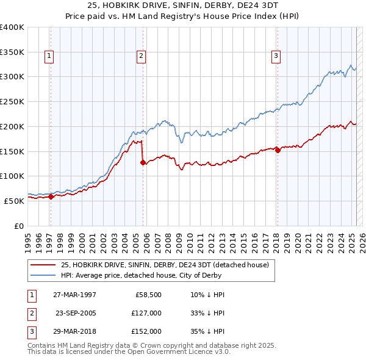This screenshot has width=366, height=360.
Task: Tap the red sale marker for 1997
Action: click(51, 196)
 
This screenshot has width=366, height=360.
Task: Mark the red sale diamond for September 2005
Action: click(143, 162)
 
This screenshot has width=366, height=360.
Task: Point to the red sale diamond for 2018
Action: click(278, 150)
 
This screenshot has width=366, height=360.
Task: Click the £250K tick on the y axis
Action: click(12, 102)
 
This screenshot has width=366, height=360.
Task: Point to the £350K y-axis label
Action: click(12, 52)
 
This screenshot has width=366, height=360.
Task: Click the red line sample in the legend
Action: click(43, 265)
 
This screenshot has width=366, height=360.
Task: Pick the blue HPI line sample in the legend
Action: click(43, 275)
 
